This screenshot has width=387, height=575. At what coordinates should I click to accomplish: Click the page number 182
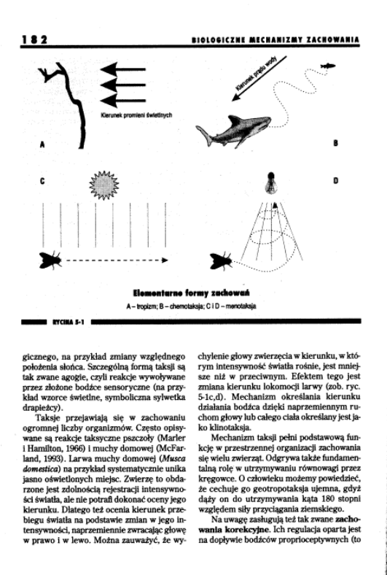tap(35, 39)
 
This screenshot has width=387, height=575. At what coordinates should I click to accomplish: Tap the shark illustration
tap(233, 131)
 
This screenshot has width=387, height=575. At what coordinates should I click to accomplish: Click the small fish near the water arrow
tap(328, 66)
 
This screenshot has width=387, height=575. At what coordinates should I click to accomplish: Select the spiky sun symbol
tap(104, 185)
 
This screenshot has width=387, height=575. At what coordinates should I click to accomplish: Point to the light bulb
tap(271, 182)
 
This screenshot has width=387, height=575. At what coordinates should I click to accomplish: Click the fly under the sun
tap(50, 260)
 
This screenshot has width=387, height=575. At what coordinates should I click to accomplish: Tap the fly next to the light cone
tap(221, 261)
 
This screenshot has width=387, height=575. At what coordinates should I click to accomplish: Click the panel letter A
tap(42, 144)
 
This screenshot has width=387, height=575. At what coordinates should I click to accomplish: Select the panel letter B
tap(335, 143)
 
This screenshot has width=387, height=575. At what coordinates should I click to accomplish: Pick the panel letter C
tap(42, 181)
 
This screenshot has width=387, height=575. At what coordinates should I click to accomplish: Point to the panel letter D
tap(335, 180)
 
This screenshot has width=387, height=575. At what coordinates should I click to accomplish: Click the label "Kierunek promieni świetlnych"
tap(136, 115)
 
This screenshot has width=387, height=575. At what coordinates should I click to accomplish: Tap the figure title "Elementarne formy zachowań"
tap(192, 293)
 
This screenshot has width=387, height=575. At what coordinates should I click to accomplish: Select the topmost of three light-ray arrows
tap(122, 69)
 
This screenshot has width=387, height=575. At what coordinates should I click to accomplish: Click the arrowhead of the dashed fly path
tap(165, 260)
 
